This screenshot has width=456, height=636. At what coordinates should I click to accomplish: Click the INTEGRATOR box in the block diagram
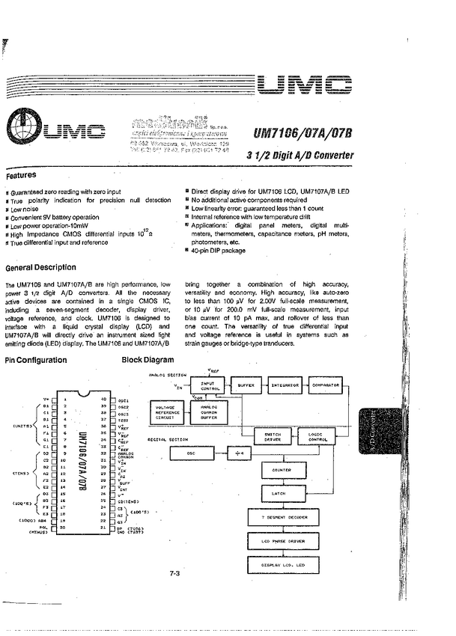point(285,385)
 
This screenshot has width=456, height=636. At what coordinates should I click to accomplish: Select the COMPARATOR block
point(326,385)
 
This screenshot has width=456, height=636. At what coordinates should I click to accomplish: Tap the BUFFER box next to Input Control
point(246,385)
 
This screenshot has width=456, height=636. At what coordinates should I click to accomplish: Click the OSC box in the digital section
point(192,453)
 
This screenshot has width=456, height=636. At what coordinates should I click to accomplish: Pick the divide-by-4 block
point(239,453)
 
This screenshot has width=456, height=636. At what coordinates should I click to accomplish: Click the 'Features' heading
point(21,177)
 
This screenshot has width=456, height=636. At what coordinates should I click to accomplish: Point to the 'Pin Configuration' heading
point(36,360)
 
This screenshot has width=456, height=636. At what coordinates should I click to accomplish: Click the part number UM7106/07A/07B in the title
point(303,135)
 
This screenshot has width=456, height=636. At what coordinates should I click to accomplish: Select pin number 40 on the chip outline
point(103,400)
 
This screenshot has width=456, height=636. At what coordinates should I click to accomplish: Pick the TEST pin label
point(124,420)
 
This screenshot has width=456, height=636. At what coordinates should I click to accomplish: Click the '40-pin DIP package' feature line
point(219,251)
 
